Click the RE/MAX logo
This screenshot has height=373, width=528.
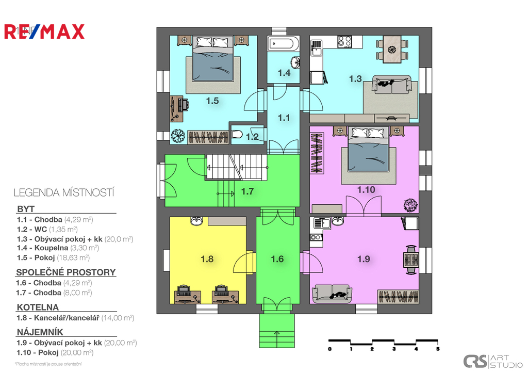coord(44,32)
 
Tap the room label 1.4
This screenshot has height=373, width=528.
coord(284,73)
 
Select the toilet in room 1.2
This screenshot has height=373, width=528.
coord(237,135)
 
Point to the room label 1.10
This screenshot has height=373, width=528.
coord(366,190)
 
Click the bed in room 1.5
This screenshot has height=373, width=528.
coord(213,58)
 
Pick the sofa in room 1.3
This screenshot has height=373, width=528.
coord(392,85)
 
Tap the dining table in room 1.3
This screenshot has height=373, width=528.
coord(392,50)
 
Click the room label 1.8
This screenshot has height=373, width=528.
coord(207,259)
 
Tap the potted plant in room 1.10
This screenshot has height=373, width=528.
coord(410,205)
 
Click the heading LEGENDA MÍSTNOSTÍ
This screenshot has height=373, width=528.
coord(64,193)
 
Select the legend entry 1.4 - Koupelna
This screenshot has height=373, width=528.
coord(58,248)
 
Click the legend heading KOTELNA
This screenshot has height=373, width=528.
coord(38,307)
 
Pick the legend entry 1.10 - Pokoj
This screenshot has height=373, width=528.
coord(55,352)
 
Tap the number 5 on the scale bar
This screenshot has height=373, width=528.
coord(438,349)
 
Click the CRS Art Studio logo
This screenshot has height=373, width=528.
coord(492,361)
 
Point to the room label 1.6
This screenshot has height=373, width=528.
coord(277,259)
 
